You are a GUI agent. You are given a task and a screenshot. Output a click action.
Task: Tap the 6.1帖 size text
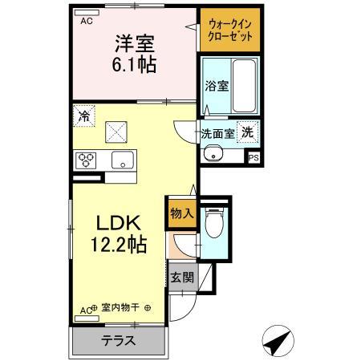(x=133, y=63)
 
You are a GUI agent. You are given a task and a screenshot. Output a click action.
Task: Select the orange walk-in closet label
(x=229, y=30)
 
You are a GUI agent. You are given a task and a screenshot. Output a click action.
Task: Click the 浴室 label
(x=217, y=85)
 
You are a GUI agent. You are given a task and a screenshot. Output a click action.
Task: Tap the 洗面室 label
(x=217, y=134)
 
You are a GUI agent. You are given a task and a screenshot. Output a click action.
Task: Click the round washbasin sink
(x=212, y=155)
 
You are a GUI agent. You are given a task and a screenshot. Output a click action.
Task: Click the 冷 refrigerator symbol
(x=83, y=116)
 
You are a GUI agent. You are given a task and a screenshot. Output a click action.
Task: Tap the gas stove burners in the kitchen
(x=86, y=160)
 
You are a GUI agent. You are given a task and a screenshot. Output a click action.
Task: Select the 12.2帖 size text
(x=121, y=244)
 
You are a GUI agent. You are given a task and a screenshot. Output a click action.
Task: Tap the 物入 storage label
(x=181, y=213)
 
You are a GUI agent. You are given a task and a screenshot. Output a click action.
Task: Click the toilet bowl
(x=214, y=225)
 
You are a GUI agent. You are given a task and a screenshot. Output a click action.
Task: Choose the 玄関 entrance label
(x=181, y=278)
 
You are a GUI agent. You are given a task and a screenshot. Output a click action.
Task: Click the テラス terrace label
(x=118, y=340)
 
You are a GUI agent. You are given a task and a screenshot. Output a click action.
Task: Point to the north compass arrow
(x=278, y=343)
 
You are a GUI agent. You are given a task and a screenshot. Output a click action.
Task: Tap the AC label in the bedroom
(x=86, y=22)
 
